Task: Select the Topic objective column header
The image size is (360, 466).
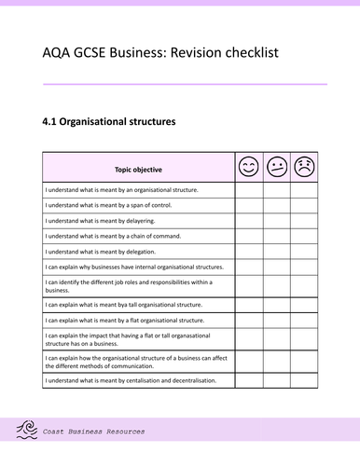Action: tap(138, 170)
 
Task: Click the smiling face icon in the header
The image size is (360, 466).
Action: tap(248, 168)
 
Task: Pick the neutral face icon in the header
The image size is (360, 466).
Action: tap(276, 168)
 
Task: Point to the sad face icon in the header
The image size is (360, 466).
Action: tap(304, 168)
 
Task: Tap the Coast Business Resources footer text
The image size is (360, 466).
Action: tap(94, 432)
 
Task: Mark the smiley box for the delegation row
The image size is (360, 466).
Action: tap(248, 252)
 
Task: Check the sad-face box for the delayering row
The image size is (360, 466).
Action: tap(304, 221)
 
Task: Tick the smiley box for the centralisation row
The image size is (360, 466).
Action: tap(248, 380)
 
